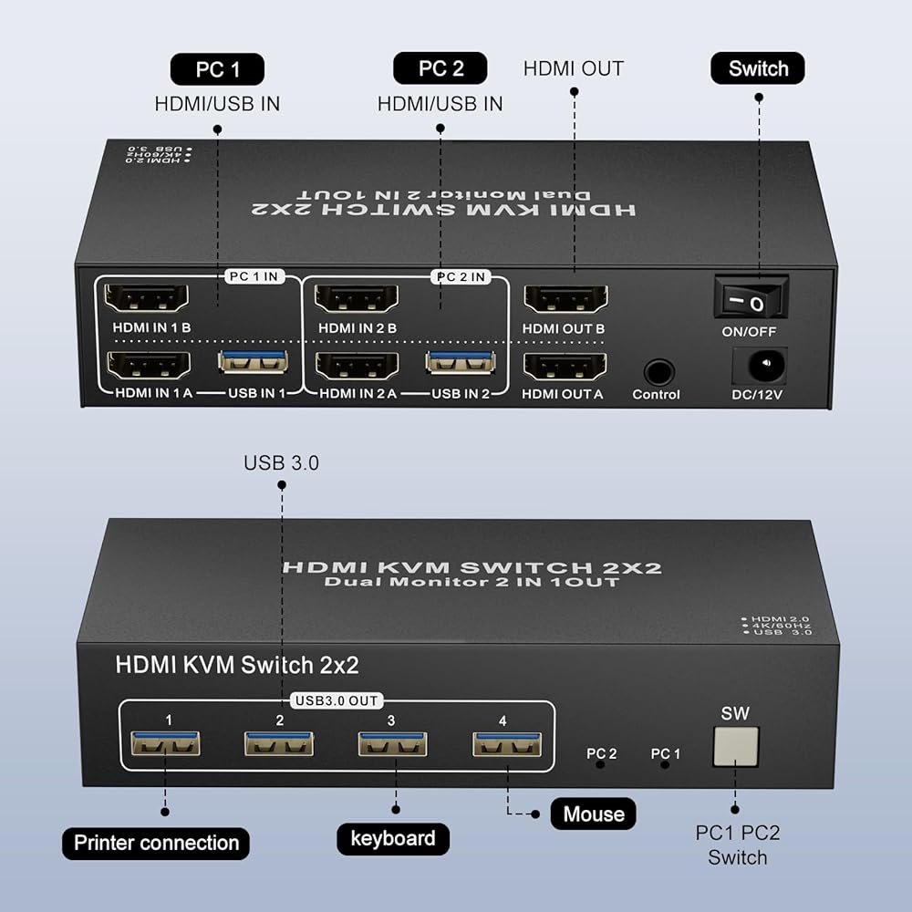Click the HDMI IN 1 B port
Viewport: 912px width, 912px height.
point(147,299)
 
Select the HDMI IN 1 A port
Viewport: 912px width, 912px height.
point(149,367)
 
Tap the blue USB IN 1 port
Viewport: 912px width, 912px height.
point(253,362)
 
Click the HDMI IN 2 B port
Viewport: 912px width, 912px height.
point(357,299)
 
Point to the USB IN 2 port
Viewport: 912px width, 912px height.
point(461,363)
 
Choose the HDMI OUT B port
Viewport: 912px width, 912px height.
point(566,299)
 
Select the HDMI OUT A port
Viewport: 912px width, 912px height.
point(565,367)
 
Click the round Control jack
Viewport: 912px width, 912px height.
point(659,372)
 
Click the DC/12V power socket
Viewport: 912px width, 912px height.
point(759,366)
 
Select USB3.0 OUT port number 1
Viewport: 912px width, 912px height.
point(165,743)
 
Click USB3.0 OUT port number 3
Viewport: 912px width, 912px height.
point(392,744)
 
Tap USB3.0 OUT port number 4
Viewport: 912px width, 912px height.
point(507,744)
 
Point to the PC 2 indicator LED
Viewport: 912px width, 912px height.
point(600,765)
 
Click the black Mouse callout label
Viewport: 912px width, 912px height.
point(594,814)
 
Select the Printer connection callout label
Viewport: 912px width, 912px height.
point(156,843)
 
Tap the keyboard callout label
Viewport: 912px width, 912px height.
point(393,839)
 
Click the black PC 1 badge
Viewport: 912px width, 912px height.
point(218,69)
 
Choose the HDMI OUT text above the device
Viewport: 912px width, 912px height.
point(574,68)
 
